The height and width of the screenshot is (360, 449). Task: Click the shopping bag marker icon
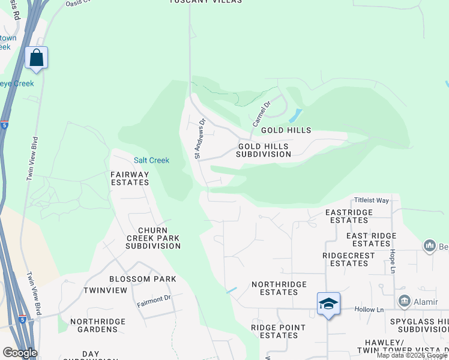pyautogui.click(x=36, y=58)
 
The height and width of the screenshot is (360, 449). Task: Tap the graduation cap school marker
pyautogui.click(x=328, y=304)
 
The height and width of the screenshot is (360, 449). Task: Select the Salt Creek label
pyautogui.click(x=151, y=160)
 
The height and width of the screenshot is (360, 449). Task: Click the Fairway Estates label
pyautogui.click(x=130, y=178)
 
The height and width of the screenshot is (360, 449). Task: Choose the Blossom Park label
pyautogui.click(x=143, y=279)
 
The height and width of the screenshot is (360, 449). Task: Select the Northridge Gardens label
pyautogui.click(x=94, y=325)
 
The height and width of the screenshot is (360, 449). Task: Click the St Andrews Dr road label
pyautogui.click(x=199, y=139)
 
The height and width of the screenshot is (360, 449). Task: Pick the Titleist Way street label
pyautogui.click(x=372, y=200)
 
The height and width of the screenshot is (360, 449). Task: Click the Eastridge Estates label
pyautogui.click(x=349, y=216)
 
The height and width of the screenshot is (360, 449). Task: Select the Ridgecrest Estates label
pyautogui.click(x=349, y=259)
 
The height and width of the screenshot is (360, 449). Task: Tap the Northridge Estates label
pyautogui.click(x=279, y=288)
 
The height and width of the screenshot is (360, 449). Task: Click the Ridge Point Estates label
pyautogui.click(x=278, y=331)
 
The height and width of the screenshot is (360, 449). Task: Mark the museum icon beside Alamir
pyautogui.click(x=404, y=301)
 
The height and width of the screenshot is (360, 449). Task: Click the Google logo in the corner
pyautogui.click(x=20, y=353)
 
